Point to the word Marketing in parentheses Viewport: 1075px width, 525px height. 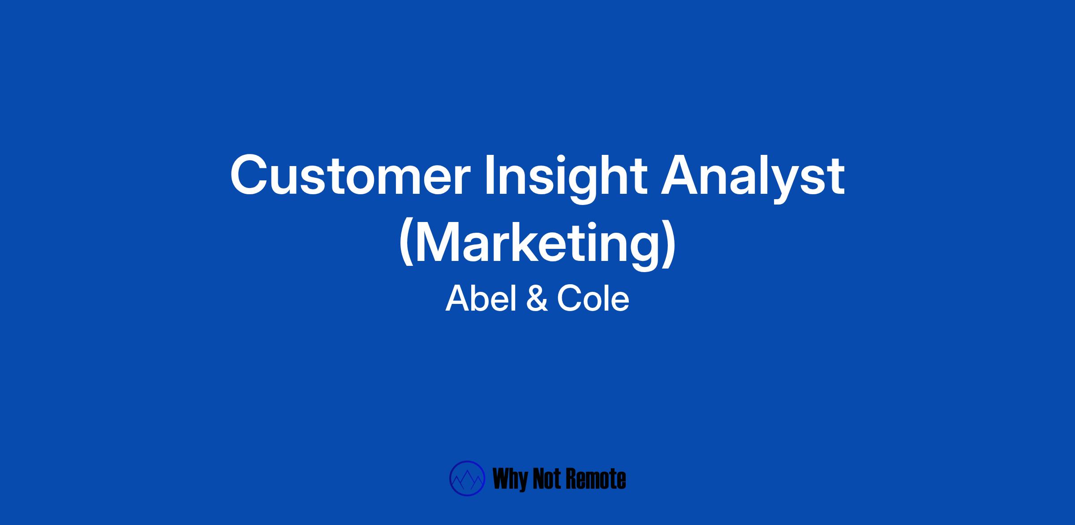pos(537,246)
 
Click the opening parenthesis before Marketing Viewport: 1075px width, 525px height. pos(406,245)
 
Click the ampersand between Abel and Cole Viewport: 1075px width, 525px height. pos(537,299)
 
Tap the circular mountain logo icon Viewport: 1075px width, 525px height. pos(467,478)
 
